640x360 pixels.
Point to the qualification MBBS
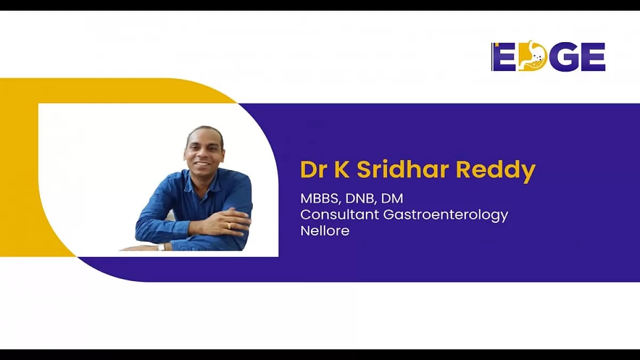click(318, 199)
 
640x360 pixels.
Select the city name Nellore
click(325, 231)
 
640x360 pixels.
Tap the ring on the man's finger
click(229, 226)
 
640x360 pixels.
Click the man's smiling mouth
click(203, 162)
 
